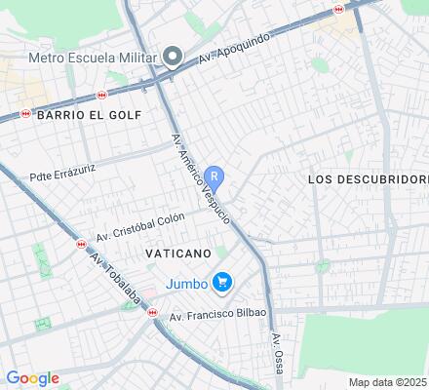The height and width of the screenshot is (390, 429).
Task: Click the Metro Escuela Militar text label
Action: tap(96, 55)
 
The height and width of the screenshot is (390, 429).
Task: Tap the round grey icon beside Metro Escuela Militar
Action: tap(174, 56)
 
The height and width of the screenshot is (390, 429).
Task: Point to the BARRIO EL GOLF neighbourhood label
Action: tap(89, 115)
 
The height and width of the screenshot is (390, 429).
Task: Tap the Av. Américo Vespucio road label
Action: tap(201, 179)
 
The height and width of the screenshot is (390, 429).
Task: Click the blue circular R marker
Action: tap(216, 177)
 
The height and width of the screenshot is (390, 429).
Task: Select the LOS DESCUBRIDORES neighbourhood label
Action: tap(368, 179)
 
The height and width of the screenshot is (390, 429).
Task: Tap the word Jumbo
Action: tap(185, 283)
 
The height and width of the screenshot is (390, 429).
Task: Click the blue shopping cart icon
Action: tap(223, 283)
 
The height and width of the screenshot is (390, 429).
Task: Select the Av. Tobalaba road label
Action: tap(113, 274)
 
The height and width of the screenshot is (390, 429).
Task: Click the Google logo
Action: tap(32, 378)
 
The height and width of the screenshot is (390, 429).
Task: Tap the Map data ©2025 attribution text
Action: tap(388, 382)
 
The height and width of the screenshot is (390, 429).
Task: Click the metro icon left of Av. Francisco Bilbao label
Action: tap(151, 312)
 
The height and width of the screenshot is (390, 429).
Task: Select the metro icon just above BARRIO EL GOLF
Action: tap(102, 96)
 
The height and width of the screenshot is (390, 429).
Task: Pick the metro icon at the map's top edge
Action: tap(338, 8)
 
